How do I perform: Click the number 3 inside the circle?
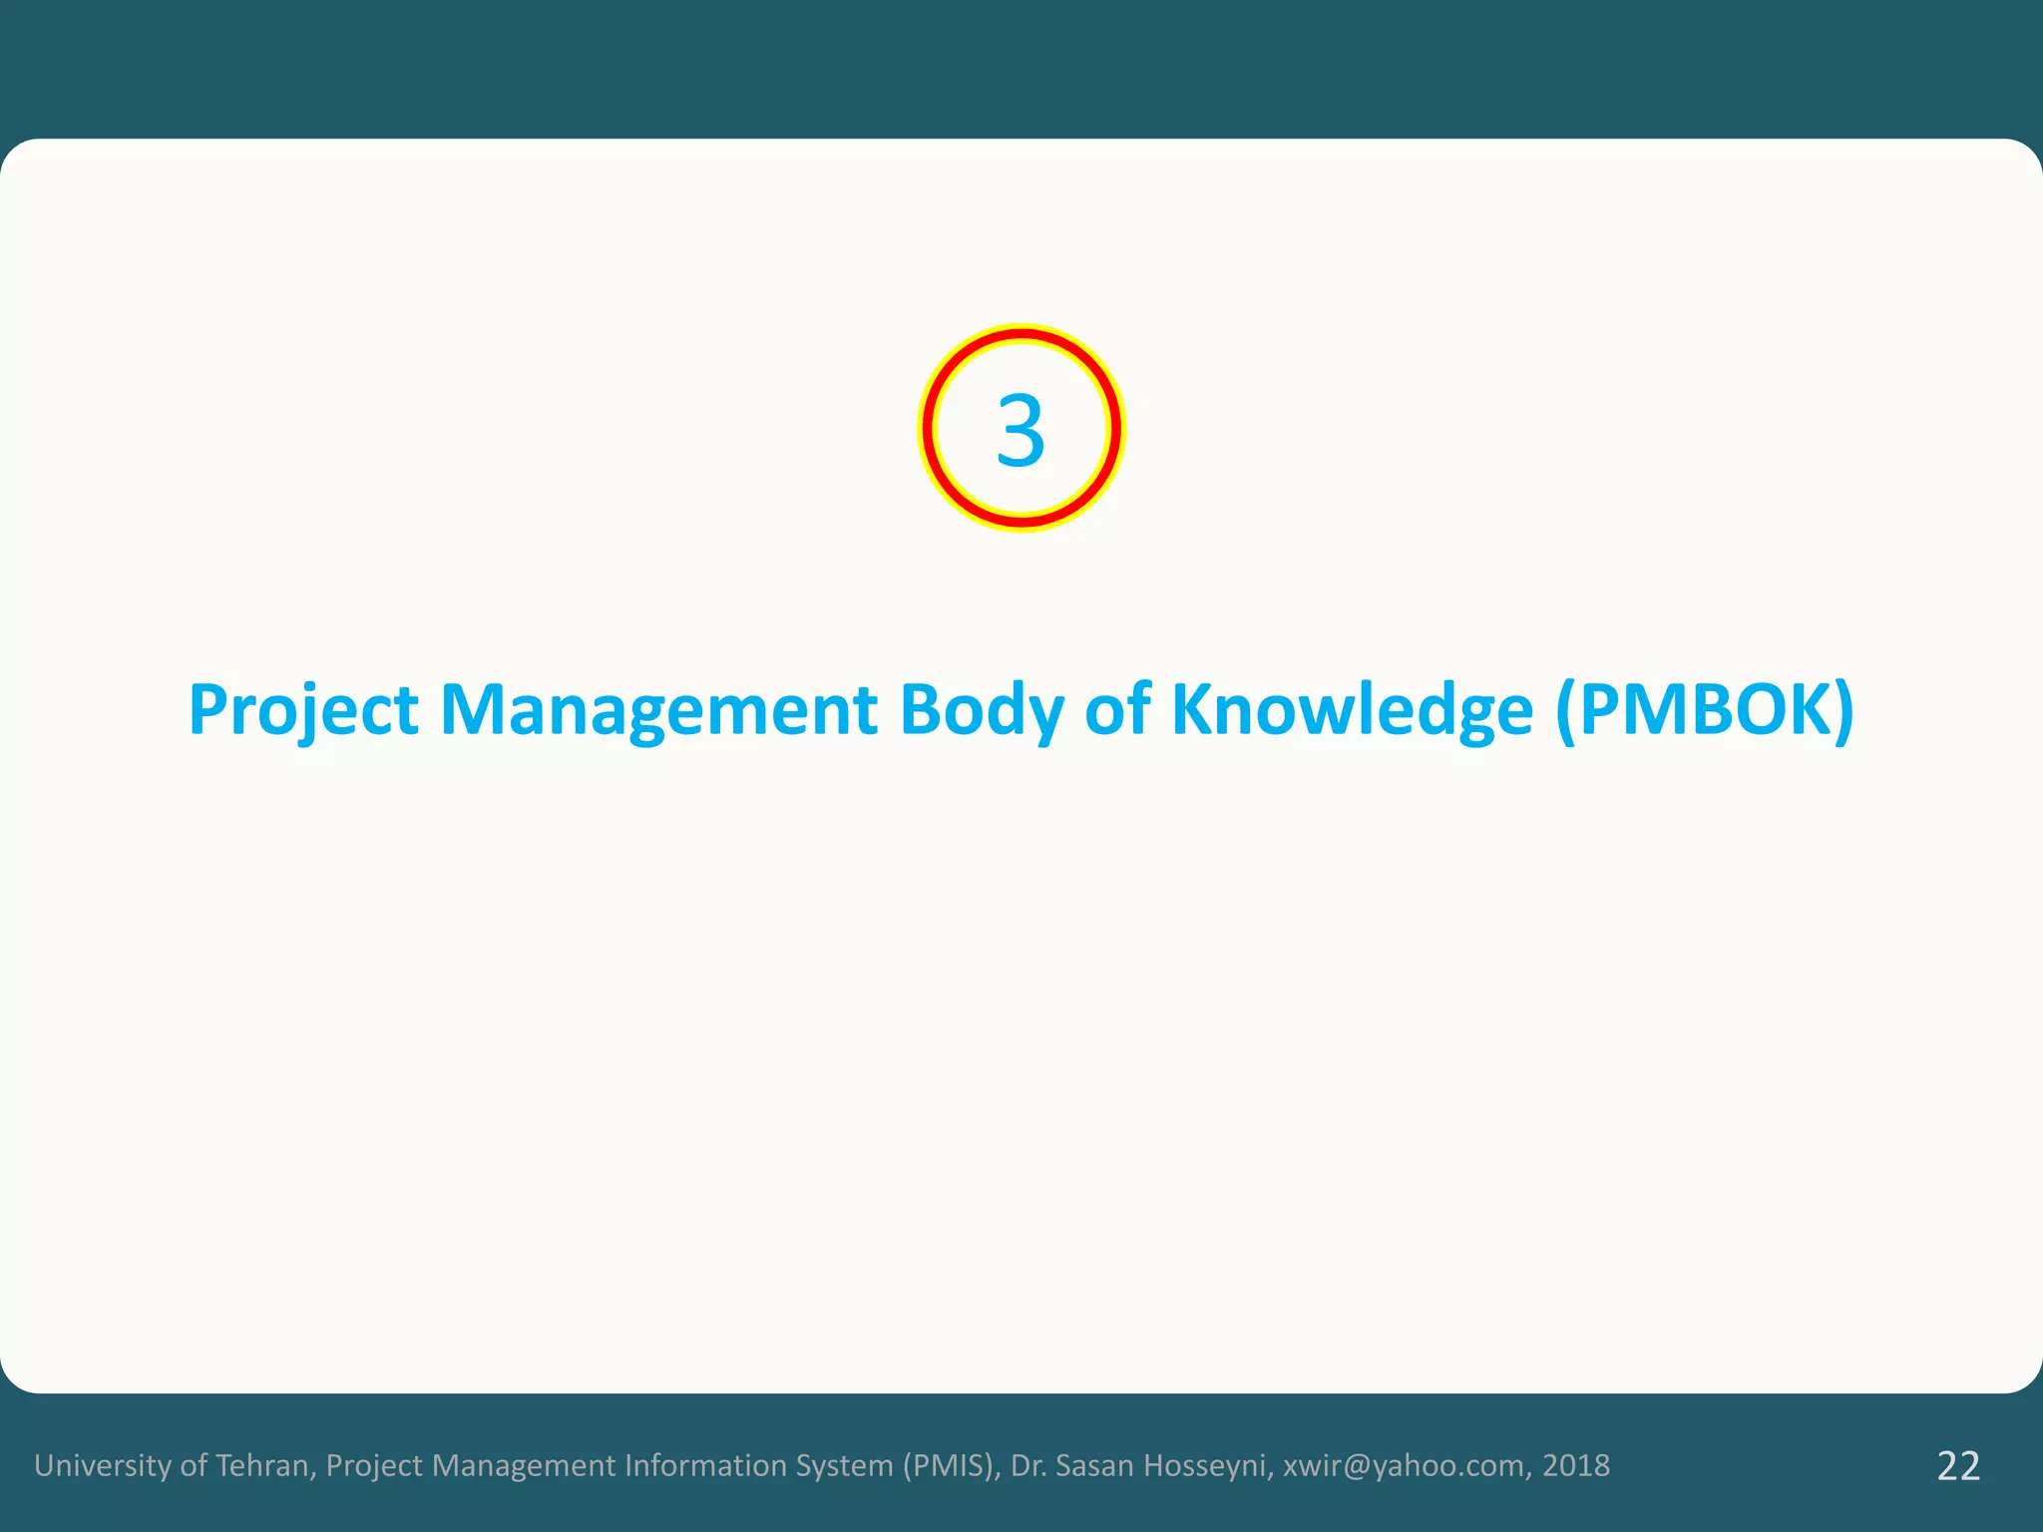pyautogui.click(x=1021, y=431)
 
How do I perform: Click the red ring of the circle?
pyautogui.click(x=1021, y=334)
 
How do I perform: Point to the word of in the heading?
pyautogui.click(x=1116, y=710)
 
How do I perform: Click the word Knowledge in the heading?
pyautogui.click(x=1352, y=710)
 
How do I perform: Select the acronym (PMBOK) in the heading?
pyautogui.click(x=1704, y=710)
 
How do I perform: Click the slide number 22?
pyautogui.click(x=1958, y=1466)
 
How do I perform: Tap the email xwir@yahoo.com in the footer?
pyautogui.click(x=1404, y=1465)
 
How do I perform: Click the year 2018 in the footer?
pyautogui.click(x=1576, y=1465)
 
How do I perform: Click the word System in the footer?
pyautogui.click(x=844, y=1465)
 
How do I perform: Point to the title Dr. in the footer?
pyautogui.click(x=1028, y=1465)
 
